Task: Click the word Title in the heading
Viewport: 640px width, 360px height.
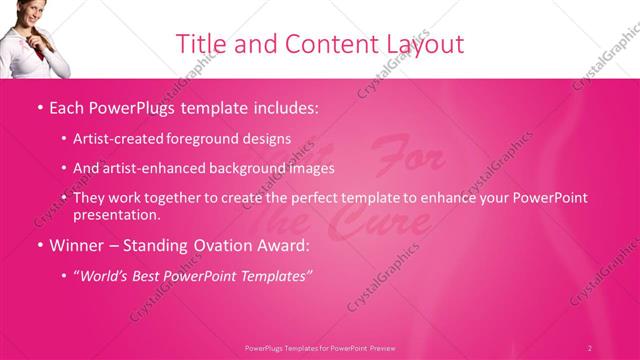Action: coord(199,44)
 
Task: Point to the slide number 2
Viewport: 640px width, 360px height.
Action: coord(590,348)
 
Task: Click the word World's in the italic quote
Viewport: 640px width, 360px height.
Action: coord(108,275)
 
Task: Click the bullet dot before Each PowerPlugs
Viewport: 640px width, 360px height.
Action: coord(38,105)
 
